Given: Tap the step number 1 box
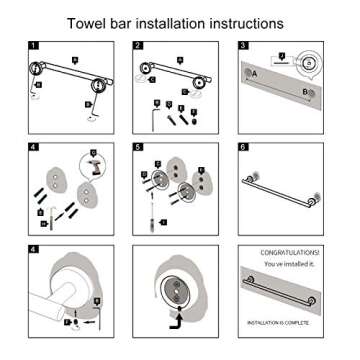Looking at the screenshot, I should point(35,46).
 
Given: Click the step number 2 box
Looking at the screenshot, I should point(139,46).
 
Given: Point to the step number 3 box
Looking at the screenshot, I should point(243,46).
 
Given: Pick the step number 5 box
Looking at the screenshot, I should point(139,146).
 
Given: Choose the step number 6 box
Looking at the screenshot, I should point(243,146).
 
